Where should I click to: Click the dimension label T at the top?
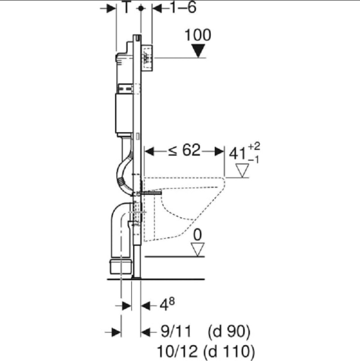[126, 7]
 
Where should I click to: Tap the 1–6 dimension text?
[183, 7]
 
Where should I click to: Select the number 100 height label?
[198, 35]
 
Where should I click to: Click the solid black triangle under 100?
[198, 51]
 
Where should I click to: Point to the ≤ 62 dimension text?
[184, 150]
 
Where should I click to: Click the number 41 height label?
[238, 154]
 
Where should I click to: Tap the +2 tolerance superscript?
[254, 146]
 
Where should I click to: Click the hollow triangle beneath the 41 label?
[242, 170]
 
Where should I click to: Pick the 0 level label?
[198, 235]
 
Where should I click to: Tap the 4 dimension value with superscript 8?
[167, 304]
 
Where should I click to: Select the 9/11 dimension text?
[176, 332]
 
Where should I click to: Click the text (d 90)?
[229, 332]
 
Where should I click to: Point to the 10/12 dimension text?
[177, 351]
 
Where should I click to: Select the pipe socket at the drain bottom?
[121, 266]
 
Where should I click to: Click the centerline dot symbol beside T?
[141, 8]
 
